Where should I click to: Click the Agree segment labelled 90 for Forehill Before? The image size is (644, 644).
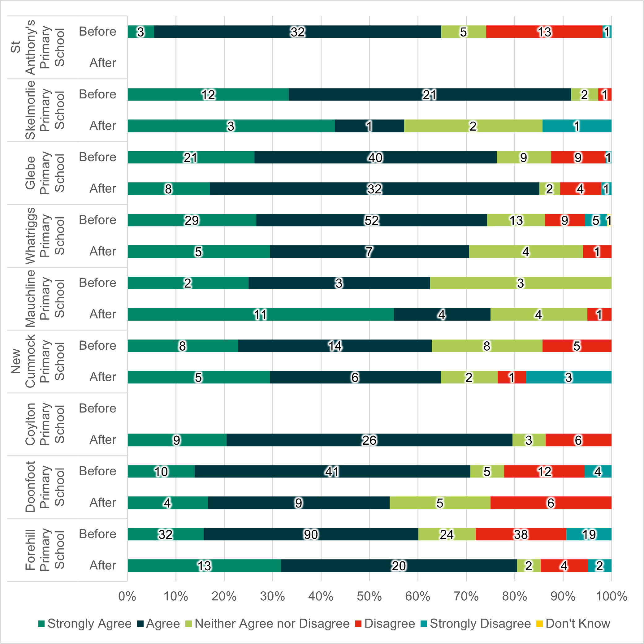point(311,534)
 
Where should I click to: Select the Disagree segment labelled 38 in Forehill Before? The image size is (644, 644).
point(521,534)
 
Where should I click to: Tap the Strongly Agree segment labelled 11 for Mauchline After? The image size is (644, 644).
point(260,314)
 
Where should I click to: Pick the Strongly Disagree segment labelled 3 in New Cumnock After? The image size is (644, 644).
point(568,377)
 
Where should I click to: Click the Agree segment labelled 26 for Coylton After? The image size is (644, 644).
point(369,440)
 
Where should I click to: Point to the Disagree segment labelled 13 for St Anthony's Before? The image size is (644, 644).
point(544,32)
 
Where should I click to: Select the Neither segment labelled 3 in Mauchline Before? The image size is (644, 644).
point(520,283)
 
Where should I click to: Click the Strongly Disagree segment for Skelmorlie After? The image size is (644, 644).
point(577,126)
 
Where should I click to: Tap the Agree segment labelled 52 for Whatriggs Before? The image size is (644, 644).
point(371,220)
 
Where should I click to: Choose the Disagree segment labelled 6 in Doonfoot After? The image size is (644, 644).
point(551,503)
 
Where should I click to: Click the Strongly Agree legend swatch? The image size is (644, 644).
point(42,624)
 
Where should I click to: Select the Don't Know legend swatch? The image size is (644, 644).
point(539,624)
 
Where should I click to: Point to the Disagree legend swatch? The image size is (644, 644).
point(358,624)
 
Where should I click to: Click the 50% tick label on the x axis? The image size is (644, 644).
point(369,596)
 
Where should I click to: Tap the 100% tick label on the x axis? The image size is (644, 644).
point(611,596)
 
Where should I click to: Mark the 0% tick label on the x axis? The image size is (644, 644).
point(127,596)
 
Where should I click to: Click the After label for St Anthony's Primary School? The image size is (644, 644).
point(103,63)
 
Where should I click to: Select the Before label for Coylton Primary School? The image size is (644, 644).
point(97,408)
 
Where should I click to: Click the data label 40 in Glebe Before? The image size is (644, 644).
point(375,157)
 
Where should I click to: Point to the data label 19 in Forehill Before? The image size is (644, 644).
point(589,534)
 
